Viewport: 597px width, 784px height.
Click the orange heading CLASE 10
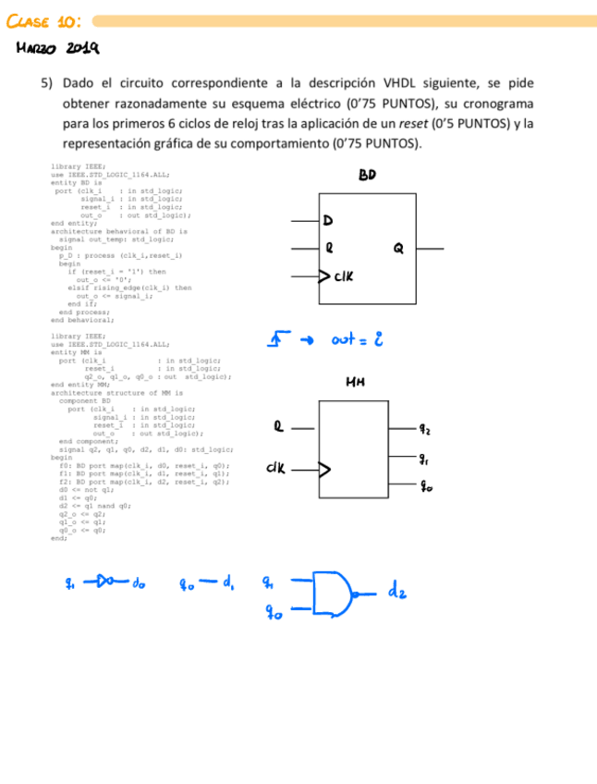point(43,19)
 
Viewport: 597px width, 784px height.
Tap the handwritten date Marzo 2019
point(57,48)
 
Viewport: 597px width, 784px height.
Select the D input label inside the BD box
point(327,221)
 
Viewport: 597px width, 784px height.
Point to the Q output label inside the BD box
point(398,248)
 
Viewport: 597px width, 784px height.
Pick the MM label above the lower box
point(355,382)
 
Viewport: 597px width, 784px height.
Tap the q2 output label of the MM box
point(424,429)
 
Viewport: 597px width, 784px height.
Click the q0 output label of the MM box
point(424,486)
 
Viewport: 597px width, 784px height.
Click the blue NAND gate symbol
point(333,594)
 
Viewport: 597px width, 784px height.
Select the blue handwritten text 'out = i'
point(357,340)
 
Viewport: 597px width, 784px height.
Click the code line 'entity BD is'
point(76,182)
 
